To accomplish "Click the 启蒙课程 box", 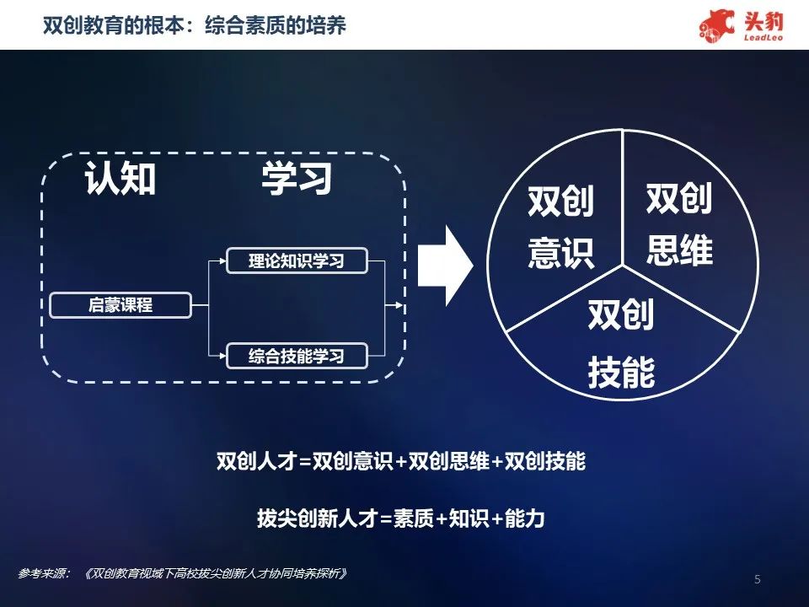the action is [x=121, y=305].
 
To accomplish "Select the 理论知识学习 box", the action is [x=297, y=261].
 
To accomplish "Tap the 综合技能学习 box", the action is [x=297, y=356].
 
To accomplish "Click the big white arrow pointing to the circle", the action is [x=445, y=266].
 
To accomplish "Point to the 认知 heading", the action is [x=121, y=178].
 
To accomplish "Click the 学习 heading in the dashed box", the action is [x=297, y=178].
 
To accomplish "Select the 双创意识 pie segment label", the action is [x=561, y=226].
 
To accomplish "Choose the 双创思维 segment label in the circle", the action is [x=679, y=223].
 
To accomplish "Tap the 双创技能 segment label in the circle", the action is [x=621, y=343].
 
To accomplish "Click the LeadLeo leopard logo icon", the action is [x=716, y=24].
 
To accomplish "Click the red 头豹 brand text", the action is [x=763, y=22].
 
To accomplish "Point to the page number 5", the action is [x=757, y=579].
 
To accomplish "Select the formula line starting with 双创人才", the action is [x=401, y=461].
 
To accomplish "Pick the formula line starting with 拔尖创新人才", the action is [x=401, y=518].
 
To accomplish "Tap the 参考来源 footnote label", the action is [x=44, y=573].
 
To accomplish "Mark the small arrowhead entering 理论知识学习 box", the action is [x=222, y=261].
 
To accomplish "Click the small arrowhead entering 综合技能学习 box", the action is [x=222, y=356].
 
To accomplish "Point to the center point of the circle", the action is [x=623, y=266].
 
